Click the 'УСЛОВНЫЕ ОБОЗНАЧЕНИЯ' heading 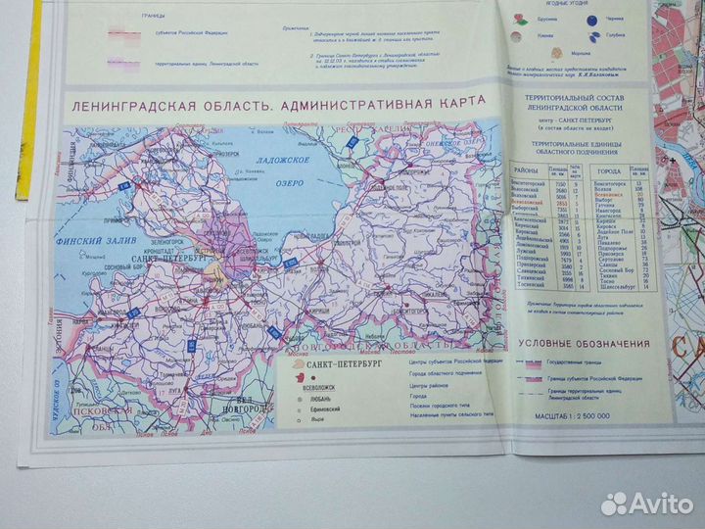[585, 344]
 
